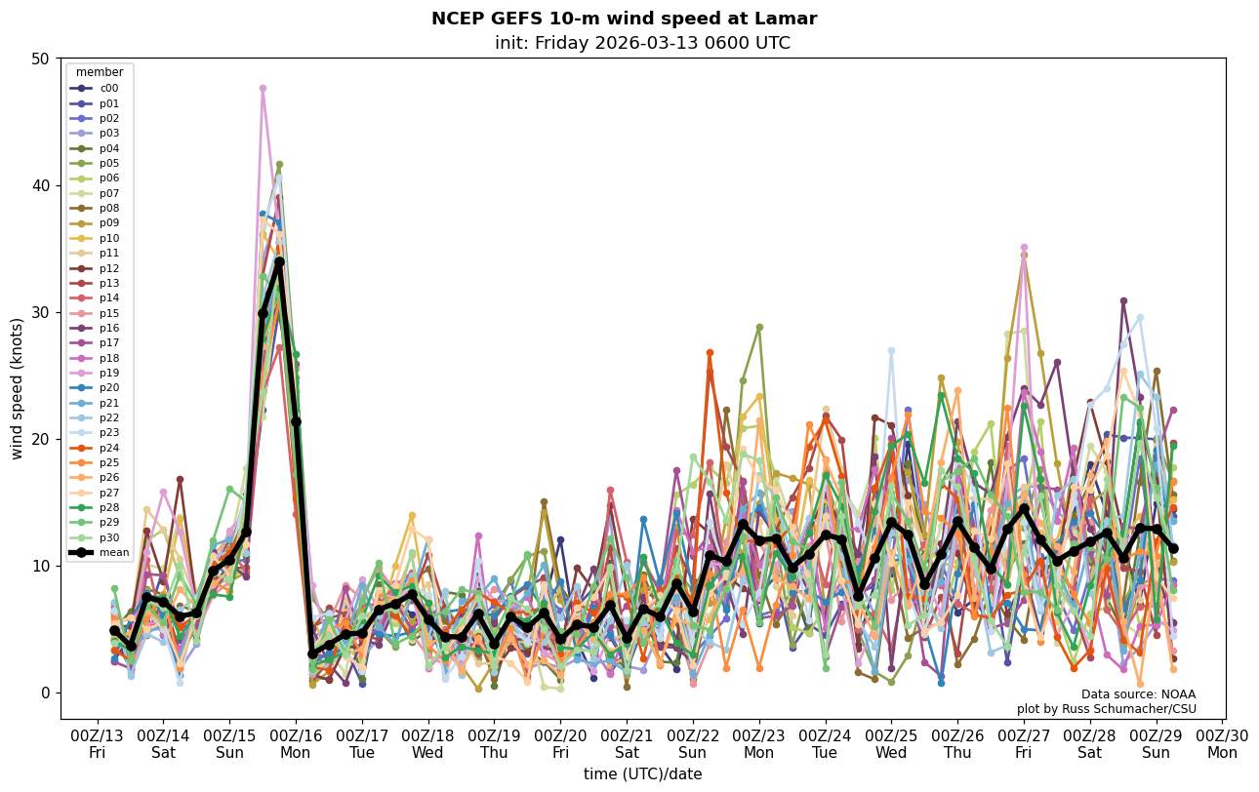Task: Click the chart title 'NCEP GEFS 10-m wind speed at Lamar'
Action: tap(624, 19)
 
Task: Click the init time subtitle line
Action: tap(642, 43)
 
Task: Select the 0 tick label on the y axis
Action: tap(43, 693)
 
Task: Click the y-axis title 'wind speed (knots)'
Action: tap(18, 388)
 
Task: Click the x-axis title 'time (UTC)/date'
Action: tap(642, 773)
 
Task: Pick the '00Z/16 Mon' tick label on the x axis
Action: tap(296, 743)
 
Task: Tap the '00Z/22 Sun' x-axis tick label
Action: tap(693, 743)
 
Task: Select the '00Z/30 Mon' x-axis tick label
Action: tap(1222, 743)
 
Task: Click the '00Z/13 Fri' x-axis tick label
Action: tap(98, 743)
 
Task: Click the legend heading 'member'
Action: tap(100, 72)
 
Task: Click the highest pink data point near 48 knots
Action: tap(263, 89)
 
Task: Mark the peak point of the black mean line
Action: tap(279, 261)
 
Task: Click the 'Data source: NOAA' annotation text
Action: tap(1138, 694)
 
